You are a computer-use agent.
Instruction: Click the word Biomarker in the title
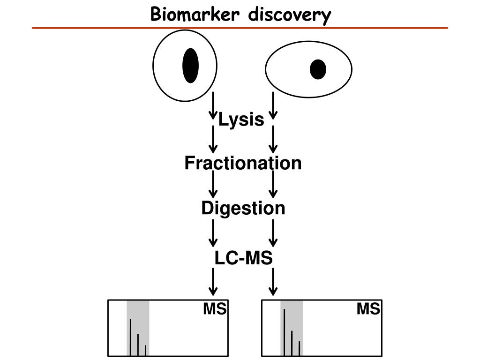tap(195, 14)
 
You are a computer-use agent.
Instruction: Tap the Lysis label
tap(241, 120)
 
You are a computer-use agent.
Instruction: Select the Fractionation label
tap(243, 163)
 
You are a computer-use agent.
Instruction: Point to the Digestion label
tap(243, 208)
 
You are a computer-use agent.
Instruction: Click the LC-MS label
tap(244, 258)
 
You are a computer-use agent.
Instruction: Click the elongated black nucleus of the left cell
tap(190, 66)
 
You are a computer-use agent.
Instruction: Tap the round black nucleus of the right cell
tap(318, 69)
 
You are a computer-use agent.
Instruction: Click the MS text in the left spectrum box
tap(215, 309)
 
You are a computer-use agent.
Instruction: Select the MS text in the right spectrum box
tap(368, 309)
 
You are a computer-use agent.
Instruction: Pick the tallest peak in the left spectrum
tap(130, 337)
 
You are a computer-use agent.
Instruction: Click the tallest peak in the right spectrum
tap(285, 333)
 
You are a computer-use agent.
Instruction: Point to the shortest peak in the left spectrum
tap(145, 351)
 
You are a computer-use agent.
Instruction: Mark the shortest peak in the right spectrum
tap(299, 349)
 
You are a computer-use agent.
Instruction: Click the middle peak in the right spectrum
tap(292, 344)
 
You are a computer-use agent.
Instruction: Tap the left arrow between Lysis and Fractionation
tap(213, 139)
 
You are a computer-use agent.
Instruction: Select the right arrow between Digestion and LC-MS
tap(273, 233)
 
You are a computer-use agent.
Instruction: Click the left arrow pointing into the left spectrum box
tap(213, 282)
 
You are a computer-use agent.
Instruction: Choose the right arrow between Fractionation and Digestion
tap(273, 184)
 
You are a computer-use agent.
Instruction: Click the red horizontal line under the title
tap(240, 28)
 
